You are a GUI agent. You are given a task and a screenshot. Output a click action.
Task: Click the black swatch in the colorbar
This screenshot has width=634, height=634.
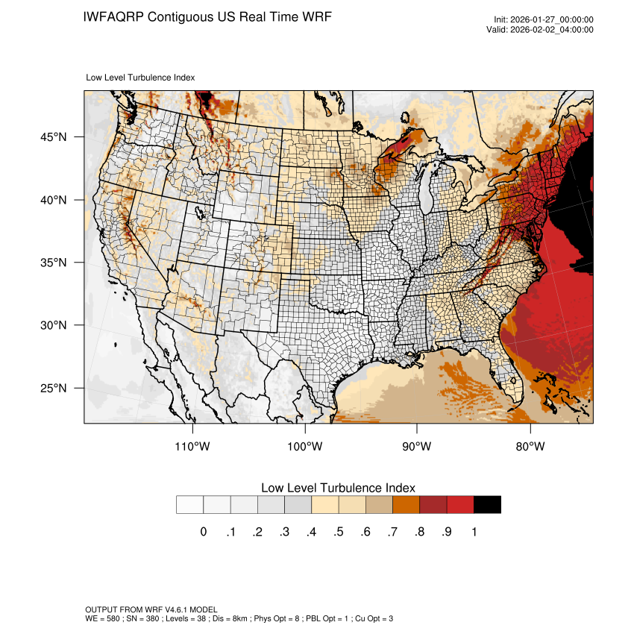click(487, 505)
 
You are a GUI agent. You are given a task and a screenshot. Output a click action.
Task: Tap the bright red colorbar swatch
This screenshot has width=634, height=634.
click(460, 505)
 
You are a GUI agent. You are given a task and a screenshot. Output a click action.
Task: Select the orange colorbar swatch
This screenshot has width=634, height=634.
click(407, 505)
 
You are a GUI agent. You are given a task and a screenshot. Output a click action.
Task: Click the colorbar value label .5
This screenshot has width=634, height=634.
click(338, 532)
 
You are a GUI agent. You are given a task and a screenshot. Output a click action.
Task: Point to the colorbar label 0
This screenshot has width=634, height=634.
click(204, 532)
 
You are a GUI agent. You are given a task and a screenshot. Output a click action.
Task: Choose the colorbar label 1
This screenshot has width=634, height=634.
click(474, 532)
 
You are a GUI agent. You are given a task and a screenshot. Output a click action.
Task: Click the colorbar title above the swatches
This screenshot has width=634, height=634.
click(338, 488)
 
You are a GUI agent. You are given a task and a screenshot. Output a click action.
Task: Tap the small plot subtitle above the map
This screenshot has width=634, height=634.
click(141, 77)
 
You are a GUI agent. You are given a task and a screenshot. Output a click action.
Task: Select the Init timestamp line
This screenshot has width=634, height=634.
click(544, 19)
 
